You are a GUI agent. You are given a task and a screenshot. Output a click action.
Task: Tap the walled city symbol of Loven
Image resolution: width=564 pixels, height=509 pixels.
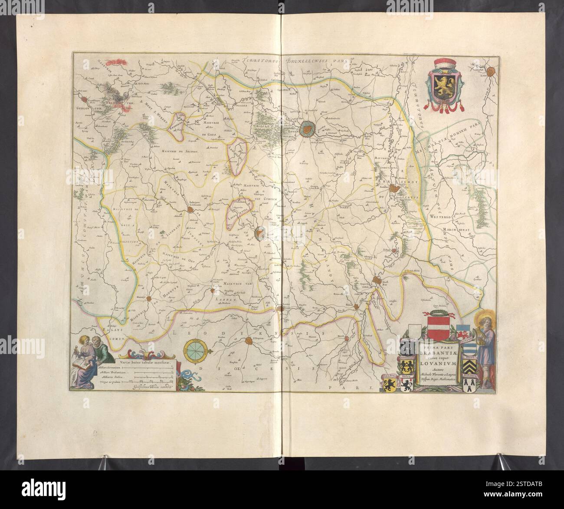click(307, 127)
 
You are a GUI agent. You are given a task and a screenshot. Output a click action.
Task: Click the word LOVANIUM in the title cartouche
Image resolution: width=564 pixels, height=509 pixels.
click(437, 359)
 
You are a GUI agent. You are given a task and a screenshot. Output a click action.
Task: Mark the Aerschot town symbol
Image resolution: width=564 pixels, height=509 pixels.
click(395, 188)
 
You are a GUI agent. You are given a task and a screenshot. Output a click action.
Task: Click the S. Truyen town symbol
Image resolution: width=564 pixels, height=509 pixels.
click(249, 342)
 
